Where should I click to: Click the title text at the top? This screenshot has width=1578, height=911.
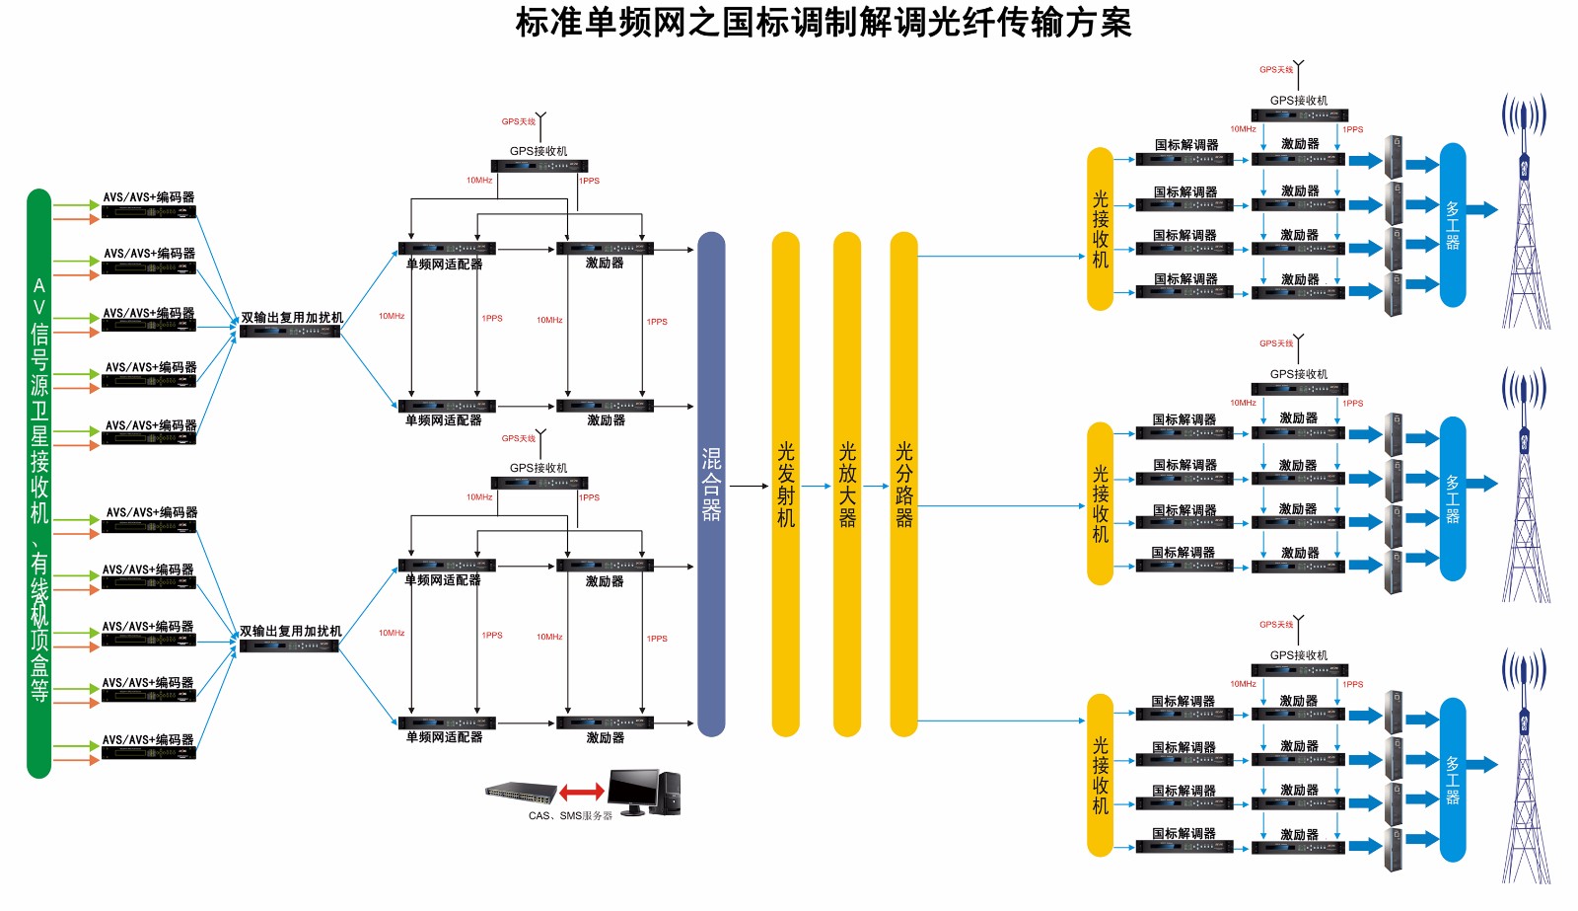pos(824,23)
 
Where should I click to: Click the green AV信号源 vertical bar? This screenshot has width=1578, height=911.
pos(38,484)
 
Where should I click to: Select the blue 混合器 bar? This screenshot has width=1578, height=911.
pos(711,484)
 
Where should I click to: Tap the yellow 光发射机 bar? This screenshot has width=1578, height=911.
pos(785,484)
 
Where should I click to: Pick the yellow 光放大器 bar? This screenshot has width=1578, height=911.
pos(847,484)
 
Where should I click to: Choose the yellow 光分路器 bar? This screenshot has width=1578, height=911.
pos(903,484)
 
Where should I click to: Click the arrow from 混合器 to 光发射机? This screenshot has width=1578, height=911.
pos(749,486)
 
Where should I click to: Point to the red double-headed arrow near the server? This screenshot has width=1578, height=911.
pos(582,792)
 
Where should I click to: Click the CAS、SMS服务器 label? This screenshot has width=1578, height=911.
pos(570,816)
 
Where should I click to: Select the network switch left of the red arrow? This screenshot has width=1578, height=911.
pos(521,791)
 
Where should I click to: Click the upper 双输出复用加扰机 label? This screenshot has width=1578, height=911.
pos(292,318)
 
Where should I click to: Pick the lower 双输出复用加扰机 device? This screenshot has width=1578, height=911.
pos(289,646)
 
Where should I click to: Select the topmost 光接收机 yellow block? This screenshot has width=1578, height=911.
pos(1100,229)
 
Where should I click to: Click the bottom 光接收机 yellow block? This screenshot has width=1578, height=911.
pos(1100,776)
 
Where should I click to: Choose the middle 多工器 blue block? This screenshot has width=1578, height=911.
pos(1452,498)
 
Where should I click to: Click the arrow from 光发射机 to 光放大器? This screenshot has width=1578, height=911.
pos(816,486)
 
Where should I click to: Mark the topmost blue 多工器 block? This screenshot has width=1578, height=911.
pos(1452,225)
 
